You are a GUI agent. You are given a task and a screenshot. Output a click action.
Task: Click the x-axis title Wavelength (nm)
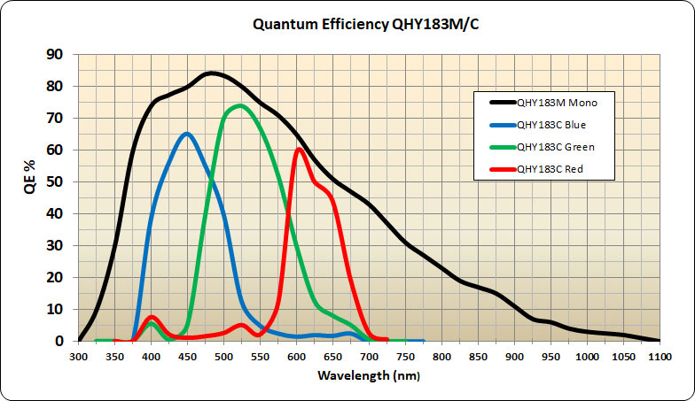coord(368,375)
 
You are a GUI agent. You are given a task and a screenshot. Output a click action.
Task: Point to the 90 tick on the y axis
coord(56,55)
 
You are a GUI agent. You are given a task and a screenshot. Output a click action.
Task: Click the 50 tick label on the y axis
coord(56,182)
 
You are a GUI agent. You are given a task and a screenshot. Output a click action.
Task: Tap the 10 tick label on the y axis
coord(56,310)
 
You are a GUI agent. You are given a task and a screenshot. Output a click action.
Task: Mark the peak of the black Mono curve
coord(211,73)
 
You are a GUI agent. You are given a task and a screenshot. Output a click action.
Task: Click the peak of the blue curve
coord(186,134)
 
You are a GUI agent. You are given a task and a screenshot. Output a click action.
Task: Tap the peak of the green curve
coord(240,106)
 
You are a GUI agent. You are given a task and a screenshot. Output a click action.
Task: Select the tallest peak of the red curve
coord(300,149)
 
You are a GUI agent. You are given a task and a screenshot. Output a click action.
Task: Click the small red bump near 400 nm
coord(152,317)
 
